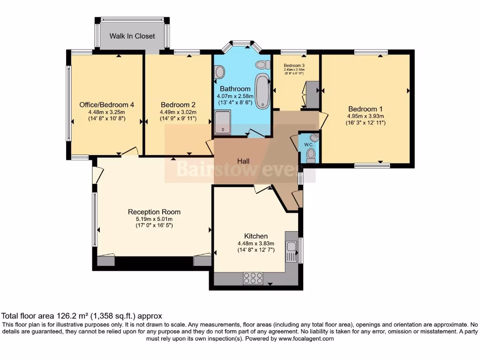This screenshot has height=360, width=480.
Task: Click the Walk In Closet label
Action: pyautogui.click(x=132, y=36)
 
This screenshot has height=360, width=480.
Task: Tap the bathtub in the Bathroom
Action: pyautogui.click(x=262, y=90)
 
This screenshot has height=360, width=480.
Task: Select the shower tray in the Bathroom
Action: pyautogui.click(x=223, y=122)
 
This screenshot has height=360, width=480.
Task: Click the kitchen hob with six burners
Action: pyautogui.click(x=253, y=278)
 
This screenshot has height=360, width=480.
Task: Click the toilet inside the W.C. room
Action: pyautogui.click(x=311, y=156)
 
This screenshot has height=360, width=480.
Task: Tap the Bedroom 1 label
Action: pyautogui.click(x=365, y=109)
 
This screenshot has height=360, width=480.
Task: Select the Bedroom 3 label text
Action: pyautogui.click(x=294, y=65)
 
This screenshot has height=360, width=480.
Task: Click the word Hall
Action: pyautogui.click(x=243, y=161)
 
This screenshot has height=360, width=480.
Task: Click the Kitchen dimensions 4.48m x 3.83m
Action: pyautogui.click(x=256, y=244)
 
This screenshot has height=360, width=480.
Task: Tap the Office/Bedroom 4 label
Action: pyautogui.click(x=106, y=105)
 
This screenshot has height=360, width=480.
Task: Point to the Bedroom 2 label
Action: pyautogui.click(x=178, y=105)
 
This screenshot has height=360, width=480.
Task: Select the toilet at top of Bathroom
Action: pyautogui.click(x=263, y=65)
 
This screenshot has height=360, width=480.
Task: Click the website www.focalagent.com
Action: pyautogui.click(x=306, y=338)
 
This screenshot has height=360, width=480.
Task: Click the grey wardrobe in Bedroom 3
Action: pyautogui.click(x=312, y=95)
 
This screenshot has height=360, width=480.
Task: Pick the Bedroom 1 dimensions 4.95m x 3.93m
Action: pyautogui.click(x=365, y=116)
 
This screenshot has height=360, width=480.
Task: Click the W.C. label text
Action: pyautogui.click(x=308, y=144)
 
